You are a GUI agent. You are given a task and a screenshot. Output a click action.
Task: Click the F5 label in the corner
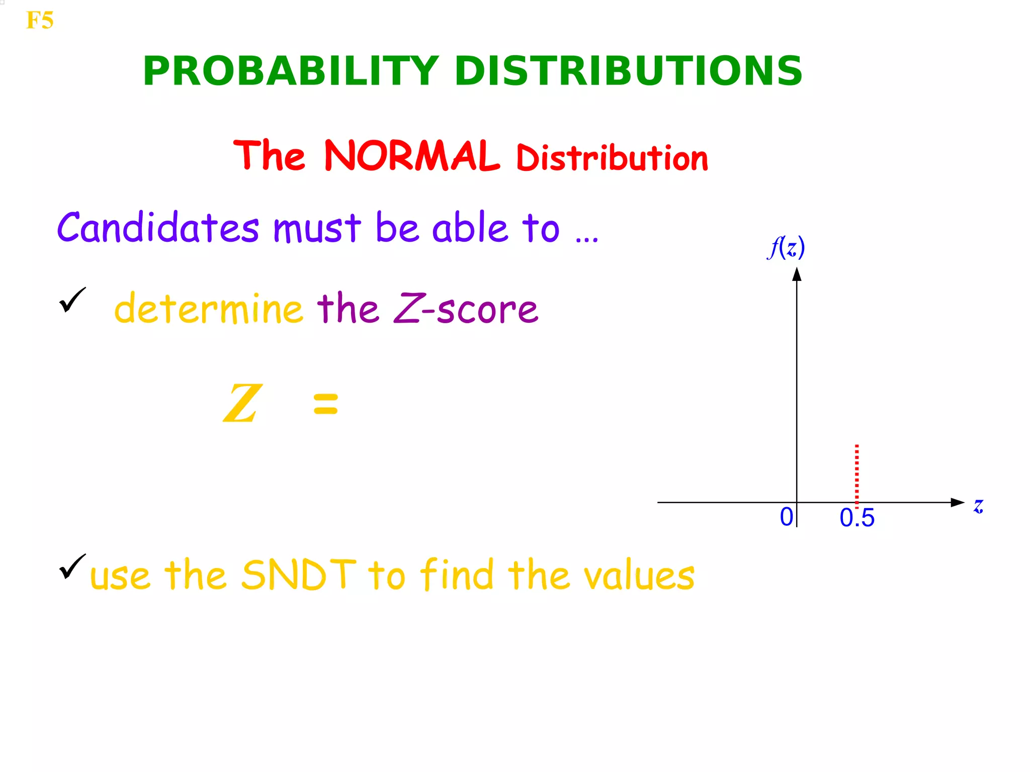(x=39, y=21)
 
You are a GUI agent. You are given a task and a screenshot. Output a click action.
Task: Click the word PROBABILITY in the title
(x=291, y=71)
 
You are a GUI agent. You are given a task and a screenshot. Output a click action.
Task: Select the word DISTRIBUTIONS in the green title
(x=628, y=71)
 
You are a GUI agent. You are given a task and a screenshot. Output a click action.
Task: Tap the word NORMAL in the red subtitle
(x=411, y=156)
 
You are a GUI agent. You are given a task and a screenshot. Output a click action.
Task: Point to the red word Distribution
(x=612, y=158)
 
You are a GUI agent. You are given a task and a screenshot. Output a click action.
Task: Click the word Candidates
(x=158, y=228)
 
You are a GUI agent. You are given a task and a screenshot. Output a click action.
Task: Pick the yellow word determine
(x=208, y=308)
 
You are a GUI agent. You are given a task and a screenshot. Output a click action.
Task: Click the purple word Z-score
(x=466, y=308)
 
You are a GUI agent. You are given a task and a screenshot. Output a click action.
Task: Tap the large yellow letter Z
(x=242, y=404)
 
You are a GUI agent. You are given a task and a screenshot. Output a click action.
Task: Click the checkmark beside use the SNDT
(x=72, y=566)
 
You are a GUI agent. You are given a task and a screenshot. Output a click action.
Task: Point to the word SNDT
(x=299, y=574)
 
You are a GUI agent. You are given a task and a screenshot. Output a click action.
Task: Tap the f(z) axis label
(x=786, y=247)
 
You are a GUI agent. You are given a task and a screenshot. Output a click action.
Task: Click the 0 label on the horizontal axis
(x=786, y=517)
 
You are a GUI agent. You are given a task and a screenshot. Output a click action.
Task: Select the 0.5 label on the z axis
(x=857, y=518)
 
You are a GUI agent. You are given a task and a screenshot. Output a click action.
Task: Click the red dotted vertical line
(x=856, y=472)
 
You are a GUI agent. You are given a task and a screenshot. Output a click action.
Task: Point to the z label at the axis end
(x=978, y=506)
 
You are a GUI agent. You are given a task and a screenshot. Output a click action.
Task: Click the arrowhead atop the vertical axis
(x=797, y=274)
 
